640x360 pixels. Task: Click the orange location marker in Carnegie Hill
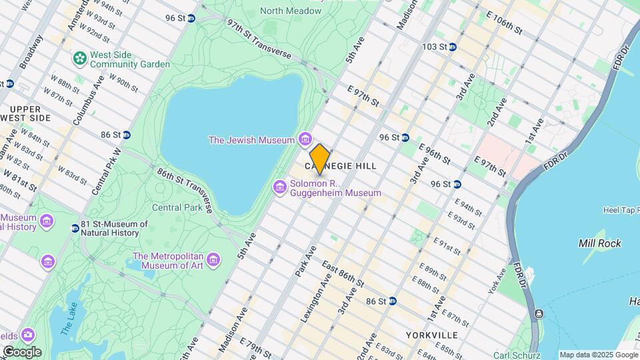coord(320,159)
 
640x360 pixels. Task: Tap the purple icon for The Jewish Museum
coord(305,139)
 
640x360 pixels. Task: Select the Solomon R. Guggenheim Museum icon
coord(280,188)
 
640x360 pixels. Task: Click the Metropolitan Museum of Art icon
coord(213,258)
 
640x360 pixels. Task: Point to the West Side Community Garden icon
coord(81,59)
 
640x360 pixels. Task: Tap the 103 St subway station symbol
coord(452,47)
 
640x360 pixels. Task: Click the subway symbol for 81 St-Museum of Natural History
coord(75,229)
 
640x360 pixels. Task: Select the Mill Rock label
coord(600,243)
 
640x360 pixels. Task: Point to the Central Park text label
coord(177,207)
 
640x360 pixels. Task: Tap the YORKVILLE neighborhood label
coord(433,335)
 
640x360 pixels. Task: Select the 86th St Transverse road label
coord(185,189)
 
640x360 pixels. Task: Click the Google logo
coord(21,352)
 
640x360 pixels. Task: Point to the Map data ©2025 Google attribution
coord(598,355)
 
